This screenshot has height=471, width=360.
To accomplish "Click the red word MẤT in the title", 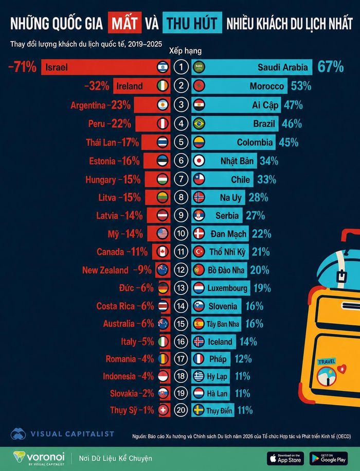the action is pos(124,23).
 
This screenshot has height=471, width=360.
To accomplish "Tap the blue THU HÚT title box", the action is pos(192,23).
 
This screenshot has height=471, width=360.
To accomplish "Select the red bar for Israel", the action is pos(105,67).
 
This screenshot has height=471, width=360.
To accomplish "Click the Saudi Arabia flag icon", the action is pos(199,67).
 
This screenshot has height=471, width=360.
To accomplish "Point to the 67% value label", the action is pos(331,67).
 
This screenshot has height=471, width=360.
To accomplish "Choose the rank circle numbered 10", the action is pos(181,233).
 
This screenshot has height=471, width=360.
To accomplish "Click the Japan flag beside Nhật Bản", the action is pos(199,161).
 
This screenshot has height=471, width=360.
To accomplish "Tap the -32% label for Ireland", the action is pos(97,86).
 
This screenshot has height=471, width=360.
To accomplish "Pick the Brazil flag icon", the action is pos(199,124).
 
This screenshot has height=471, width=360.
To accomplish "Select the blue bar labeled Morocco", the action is pos(240,86).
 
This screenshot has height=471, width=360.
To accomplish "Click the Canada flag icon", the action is pos(163,252).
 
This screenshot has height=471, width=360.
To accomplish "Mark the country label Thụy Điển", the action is pos(219,411).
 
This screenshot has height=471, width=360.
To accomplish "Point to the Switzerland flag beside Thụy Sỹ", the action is pos(163,410).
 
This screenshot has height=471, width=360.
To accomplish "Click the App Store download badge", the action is pos(285,458).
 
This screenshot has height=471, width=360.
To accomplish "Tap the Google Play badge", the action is pos(329,458).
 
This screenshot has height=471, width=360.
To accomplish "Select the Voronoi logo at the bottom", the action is pos(39,458).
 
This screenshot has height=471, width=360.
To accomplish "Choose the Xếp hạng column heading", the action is pos(185,50).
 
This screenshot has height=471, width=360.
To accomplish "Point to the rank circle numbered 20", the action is pos(181,410).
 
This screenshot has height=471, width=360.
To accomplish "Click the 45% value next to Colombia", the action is pos(289,143).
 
